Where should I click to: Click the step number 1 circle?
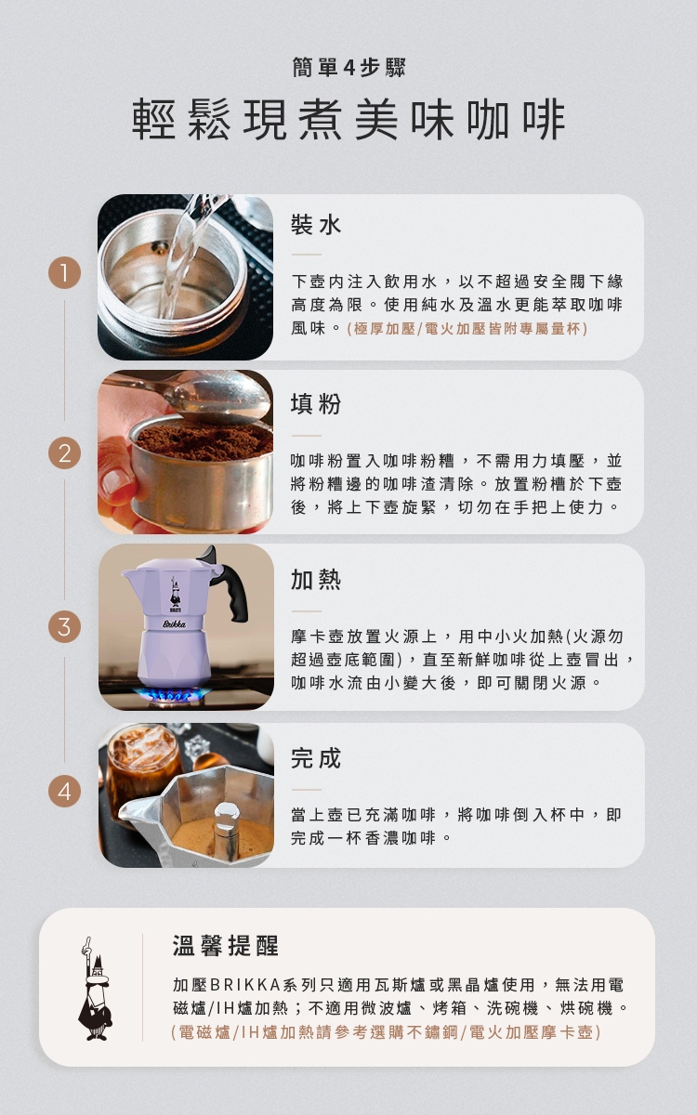click(x=65, y=273)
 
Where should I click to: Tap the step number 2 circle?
click(x=65, y=453)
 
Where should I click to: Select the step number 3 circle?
click(x=65, y=626)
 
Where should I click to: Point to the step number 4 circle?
click(x=65, y=791)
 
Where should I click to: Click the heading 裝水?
click(x=316, y=225)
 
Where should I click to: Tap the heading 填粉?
click(x=316, y=403)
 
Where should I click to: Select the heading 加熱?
click(x=316, y=580)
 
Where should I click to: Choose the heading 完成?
click(x=316, y=758)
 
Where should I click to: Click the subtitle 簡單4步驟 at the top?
click(x=348, y=68)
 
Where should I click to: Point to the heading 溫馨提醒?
click(x=226, y=945)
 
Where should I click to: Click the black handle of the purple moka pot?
click(x=235, y=593)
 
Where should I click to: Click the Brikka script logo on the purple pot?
click(x=175, y=624)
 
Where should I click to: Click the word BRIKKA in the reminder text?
click(x=245, y=985)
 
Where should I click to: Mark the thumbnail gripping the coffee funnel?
click(x=115, y=481)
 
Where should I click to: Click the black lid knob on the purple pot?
click(x=208, y=554)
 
